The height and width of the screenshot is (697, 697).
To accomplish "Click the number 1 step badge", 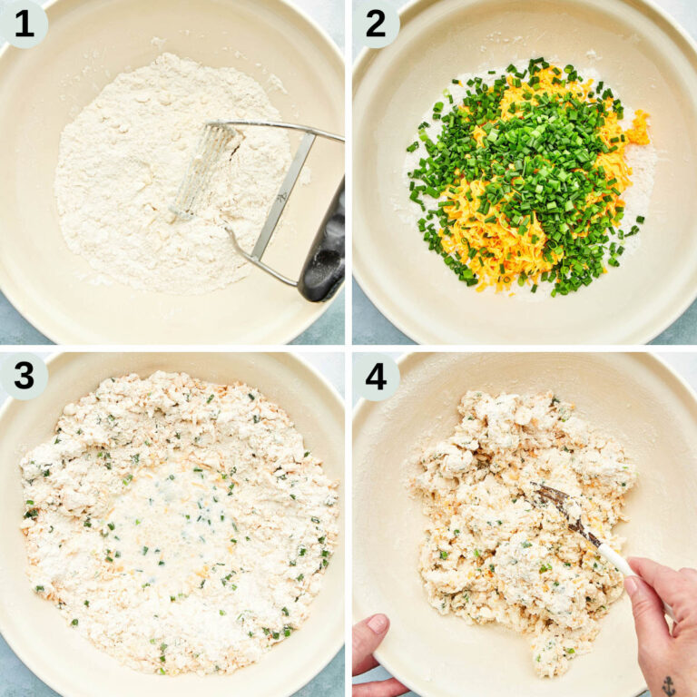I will tap(23, 23).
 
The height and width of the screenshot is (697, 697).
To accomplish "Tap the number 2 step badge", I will tap(375, 23).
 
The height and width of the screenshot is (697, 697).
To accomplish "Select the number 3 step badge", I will tap(23, 375).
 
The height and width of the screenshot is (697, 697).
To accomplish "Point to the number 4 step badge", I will tap(375, 375).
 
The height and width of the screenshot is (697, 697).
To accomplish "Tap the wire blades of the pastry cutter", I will tap(201, 170).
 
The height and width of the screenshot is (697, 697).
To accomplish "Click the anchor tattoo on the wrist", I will tap(668, 685).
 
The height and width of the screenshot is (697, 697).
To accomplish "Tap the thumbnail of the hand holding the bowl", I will tap(376, 624).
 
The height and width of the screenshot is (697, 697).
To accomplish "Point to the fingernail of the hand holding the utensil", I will tap(631, 586).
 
